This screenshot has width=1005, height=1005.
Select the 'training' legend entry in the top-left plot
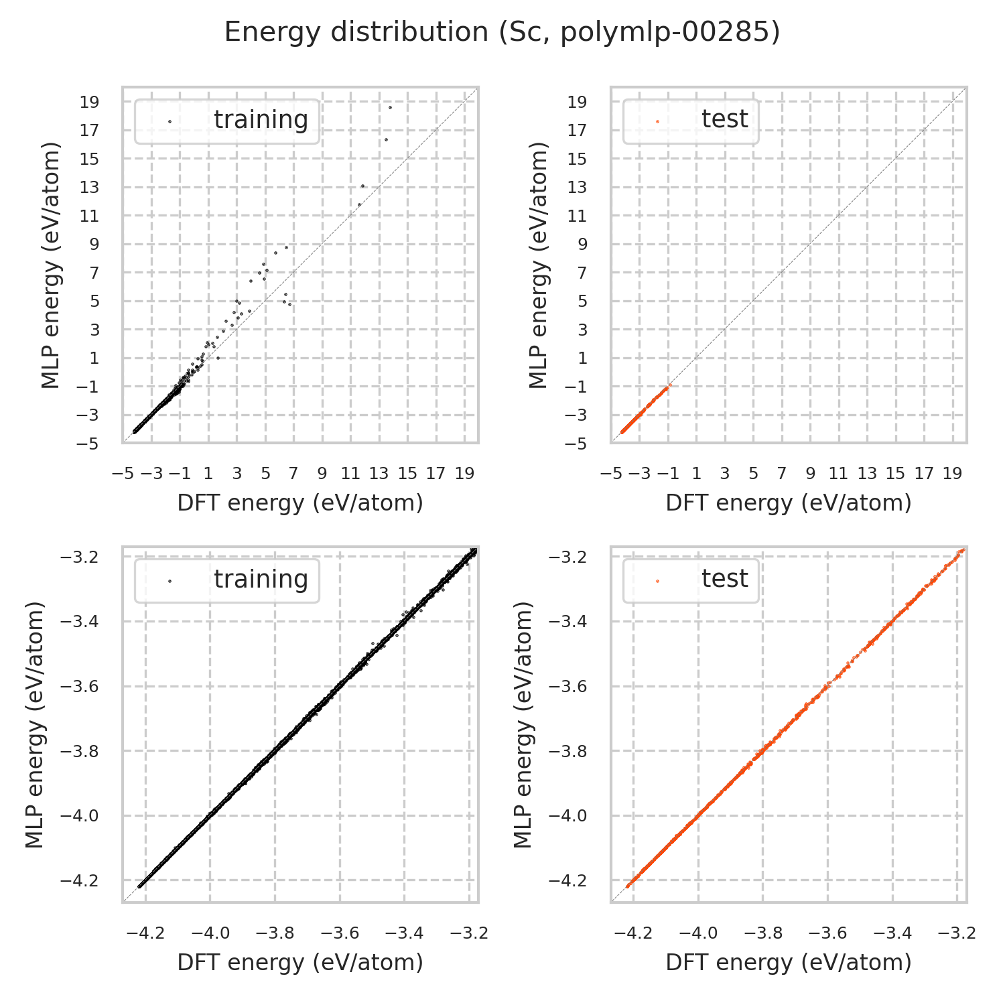(x=261, y=120)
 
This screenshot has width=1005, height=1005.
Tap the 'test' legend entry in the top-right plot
(x=724, y=120)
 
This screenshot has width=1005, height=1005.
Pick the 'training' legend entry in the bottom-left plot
(x=261, y=580)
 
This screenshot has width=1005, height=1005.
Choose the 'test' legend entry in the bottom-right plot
(x=724, y=580)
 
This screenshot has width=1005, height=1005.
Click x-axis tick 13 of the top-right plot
(x=867, y=474)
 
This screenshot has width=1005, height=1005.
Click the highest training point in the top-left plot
(x=390, y=107)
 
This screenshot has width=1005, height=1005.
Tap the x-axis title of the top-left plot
(x=300, y=503)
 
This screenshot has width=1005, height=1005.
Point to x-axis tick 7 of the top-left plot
(x=293, y=474)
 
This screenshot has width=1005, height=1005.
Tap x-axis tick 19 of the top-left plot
(x=464, y=474)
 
